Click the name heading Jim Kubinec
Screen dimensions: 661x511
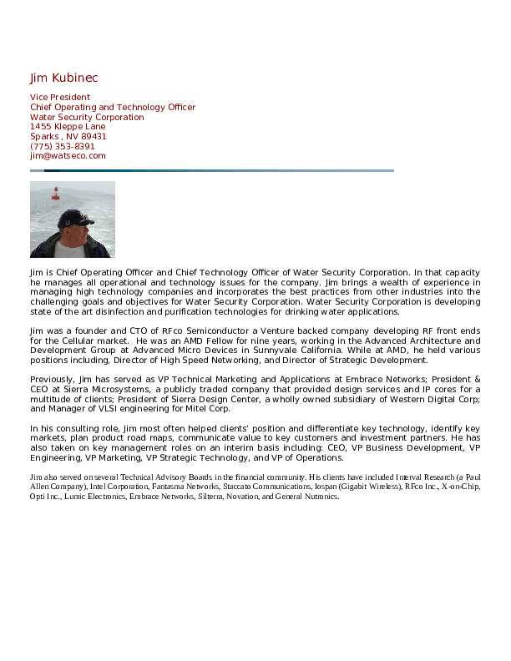(x=63, y=78)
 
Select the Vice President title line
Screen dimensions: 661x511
(x=60, y=98)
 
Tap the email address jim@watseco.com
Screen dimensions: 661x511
(x=68, y=155)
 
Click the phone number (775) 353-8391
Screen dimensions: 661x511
(x=63, y=146)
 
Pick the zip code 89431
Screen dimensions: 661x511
(x=94, y=136)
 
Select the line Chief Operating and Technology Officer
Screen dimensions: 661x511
(x=113, y=108)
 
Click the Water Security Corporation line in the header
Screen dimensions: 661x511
(x=87, y=117)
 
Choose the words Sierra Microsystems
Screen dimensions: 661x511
(x=89, y=388)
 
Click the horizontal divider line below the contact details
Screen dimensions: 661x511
(x=212, y=170)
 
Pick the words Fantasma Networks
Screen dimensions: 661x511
(x=181, y=486)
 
